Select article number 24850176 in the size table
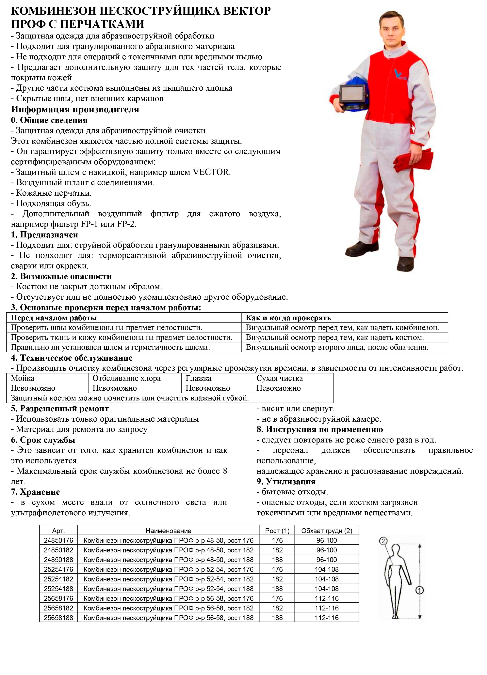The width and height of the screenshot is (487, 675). pyautogui.click(x=58, y=540)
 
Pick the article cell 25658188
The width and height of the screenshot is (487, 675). pyautogui.click(x=58, y=618)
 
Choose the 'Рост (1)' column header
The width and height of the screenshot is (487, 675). pyautogui.click(x=277, y=531)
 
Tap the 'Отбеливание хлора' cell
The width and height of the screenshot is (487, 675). pyautogui.click(x=127, y=378)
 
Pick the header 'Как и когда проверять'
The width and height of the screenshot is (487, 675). pyautogui.click(x=288, y=318)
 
